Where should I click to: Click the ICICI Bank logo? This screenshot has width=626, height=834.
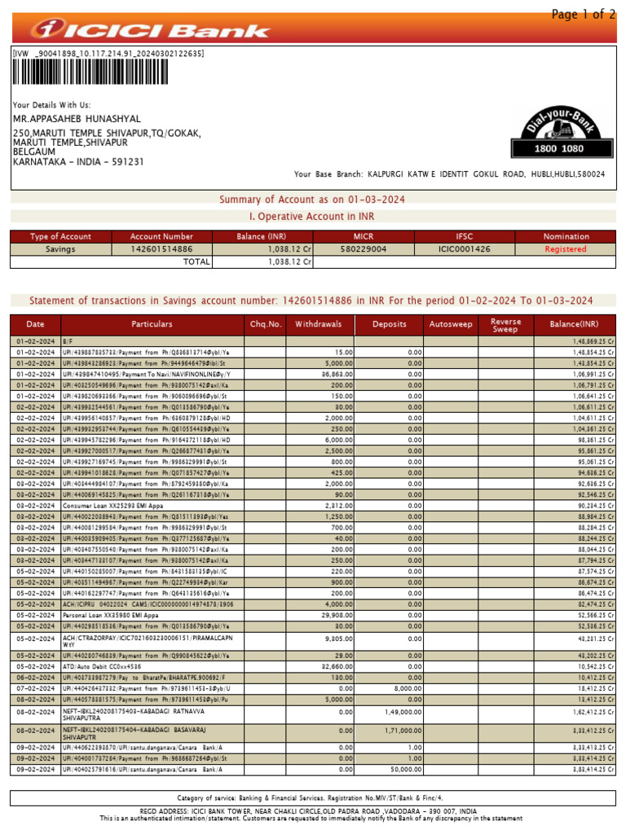pos(151,30)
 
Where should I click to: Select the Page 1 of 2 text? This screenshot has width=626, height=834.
pos(583,14)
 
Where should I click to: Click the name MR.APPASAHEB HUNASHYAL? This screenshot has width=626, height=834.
pos(77,119)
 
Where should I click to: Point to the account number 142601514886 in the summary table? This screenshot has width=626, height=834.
pos(161,249)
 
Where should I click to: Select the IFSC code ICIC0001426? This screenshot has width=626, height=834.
pos(465,249)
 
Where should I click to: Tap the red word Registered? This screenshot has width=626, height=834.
pos(566,249)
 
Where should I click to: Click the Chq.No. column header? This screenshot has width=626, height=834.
pos(266,324)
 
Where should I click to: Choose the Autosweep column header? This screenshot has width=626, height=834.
pos(451,324)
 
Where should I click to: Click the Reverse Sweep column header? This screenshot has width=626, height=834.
pos(505,324)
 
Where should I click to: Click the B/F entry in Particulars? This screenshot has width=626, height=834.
pos(68,341)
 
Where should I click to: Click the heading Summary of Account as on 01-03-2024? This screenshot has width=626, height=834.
pos(312,200)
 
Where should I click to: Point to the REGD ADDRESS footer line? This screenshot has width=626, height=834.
pos(312,811)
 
